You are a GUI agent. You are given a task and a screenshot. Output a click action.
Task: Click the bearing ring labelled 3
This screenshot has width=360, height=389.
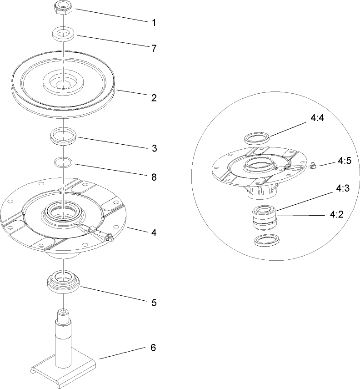(64, 136)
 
